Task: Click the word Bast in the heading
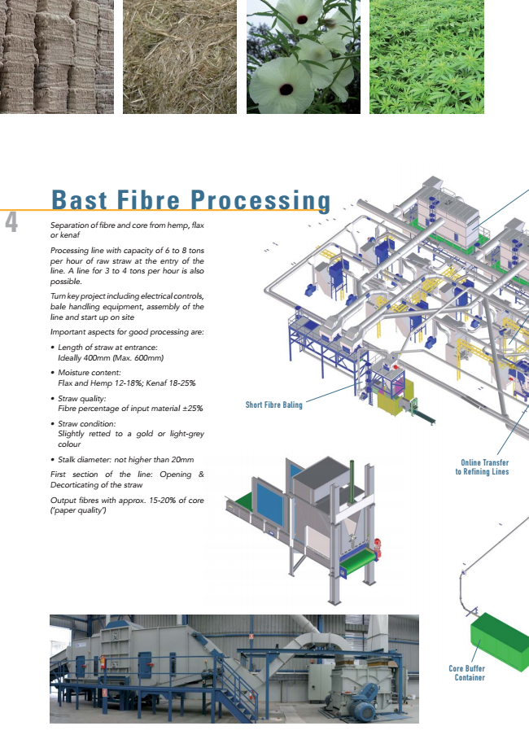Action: point(80,199)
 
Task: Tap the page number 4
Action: point(11,222)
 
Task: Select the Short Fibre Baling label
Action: point(273,405)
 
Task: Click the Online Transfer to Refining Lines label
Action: point(482,467)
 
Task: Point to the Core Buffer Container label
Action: point(466,672)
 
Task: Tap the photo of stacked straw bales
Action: point(57,56)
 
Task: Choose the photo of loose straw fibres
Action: point(179,56)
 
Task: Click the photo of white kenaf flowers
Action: point(304,56)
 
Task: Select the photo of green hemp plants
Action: point(426,56)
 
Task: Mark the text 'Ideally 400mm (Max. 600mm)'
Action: point(111,358)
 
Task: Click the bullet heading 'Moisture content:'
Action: point(90,373)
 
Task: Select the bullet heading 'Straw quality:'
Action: point(81,398)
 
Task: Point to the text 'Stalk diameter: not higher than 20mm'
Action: point(126,460)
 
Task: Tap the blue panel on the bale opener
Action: point(269,501)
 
